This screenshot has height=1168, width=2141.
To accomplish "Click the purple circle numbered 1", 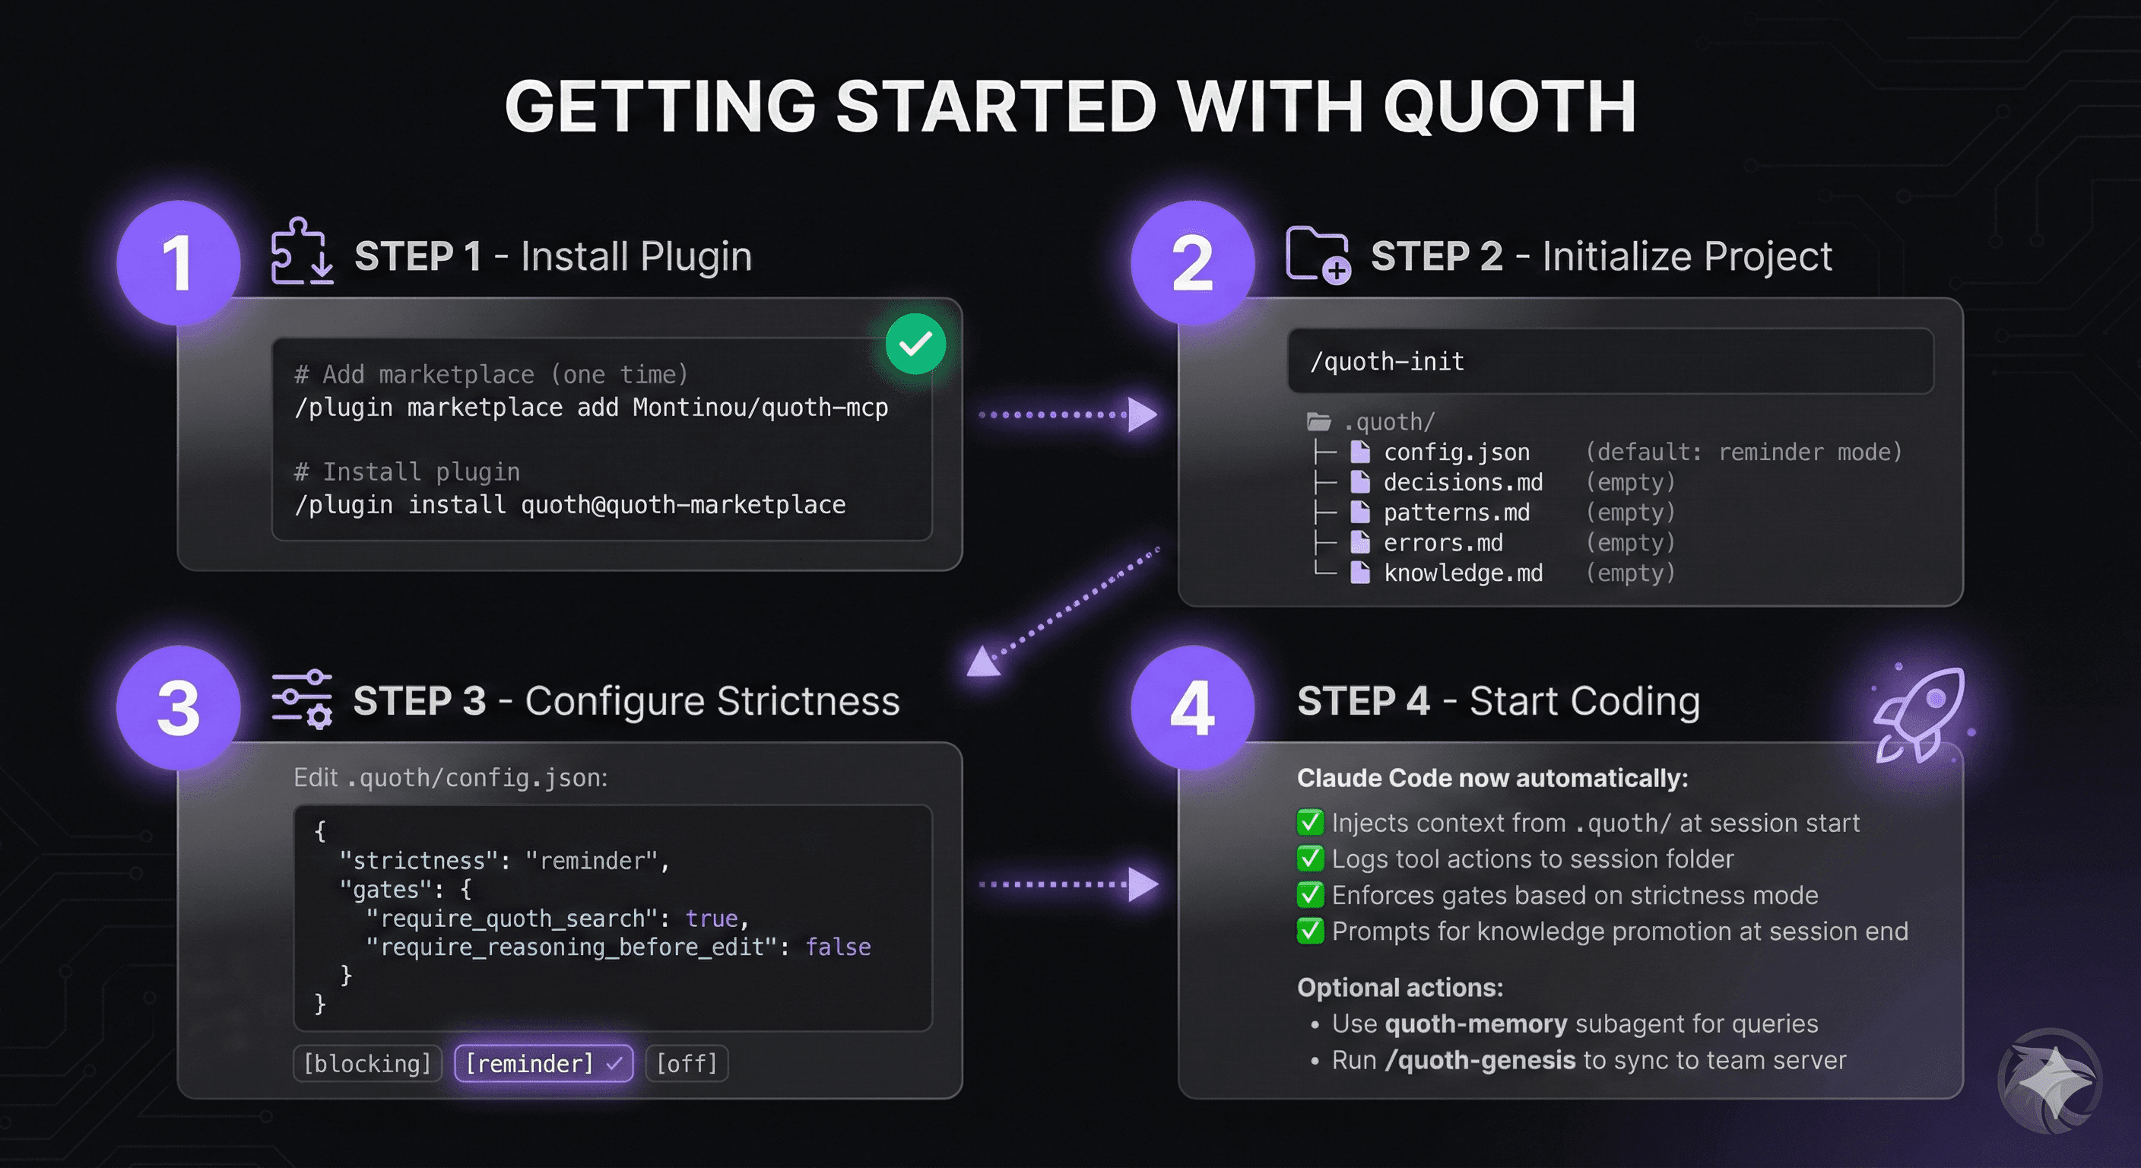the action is point(179,262).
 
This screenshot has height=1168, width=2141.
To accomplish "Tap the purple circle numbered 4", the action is point(1193,707).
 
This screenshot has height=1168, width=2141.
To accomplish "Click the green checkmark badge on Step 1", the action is point(915,344).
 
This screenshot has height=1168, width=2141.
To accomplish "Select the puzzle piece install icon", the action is point(302,251).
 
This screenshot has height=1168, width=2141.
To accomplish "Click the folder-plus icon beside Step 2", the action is point(1318,255).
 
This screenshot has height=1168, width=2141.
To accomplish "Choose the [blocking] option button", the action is point(367,1063).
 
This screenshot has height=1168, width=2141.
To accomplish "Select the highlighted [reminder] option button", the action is point(544,1063).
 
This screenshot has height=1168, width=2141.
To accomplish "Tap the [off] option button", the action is point(687,1063).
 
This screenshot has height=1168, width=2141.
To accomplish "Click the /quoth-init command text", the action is point(1387,362).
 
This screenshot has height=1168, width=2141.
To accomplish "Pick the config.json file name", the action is point(1456,452).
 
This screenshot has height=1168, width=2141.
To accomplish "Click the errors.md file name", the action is point(1443,543).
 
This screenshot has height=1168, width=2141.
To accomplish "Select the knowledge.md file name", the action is point(1463,573).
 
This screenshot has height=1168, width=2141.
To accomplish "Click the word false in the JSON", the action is point(838,947).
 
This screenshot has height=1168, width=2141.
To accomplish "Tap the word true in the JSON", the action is point(712,919).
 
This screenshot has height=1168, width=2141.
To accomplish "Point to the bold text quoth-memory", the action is point(1476,1024).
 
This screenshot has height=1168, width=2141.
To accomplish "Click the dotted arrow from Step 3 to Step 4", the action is point(1068,884).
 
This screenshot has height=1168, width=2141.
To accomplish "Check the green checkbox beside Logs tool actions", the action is point(1310,858).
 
